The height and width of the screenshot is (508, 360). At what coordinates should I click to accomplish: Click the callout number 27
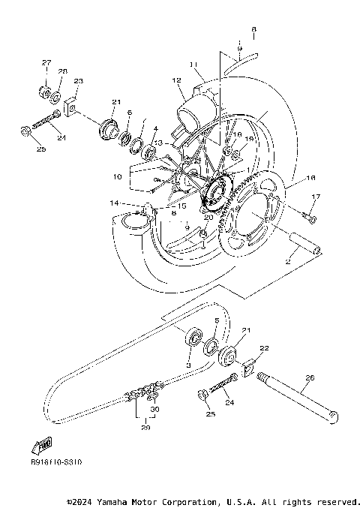click(x=46, y=62)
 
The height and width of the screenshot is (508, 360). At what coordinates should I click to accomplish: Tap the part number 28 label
click(x=63, y=71)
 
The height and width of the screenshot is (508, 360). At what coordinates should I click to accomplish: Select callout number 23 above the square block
click(x=78, y=81)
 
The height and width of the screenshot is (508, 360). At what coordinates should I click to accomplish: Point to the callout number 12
click(x=177, y=80)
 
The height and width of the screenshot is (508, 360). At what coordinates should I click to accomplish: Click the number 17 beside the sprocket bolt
click(x=316, y=197)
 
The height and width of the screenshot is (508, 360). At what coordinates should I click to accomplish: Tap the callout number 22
click(x=264, y=348)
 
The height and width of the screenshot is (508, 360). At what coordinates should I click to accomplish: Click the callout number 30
click(x=154, y=410)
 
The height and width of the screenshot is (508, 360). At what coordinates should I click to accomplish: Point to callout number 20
click(x=208, y=218)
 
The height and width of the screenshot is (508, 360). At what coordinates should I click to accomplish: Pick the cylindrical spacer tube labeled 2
click(x=304, y=245)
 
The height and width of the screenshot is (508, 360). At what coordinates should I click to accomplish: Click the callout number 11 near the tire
click(x=193, y=64)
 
